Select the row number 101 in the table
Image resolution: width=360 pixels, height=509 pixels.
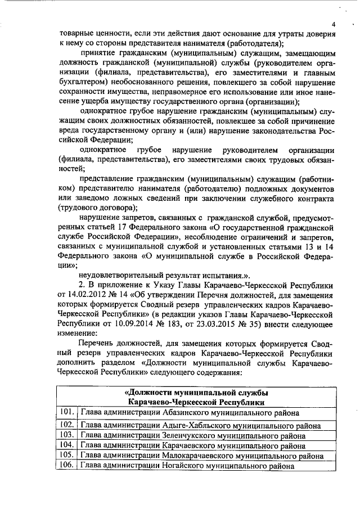click(66, 412)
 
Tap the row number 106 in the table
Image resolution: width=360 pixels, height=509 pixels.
click(66, 466)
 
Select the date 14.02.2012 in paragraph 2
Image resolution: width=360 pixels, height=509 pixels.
click(87, 295)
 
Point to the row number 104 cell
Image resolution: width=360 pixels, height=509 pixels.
click(66, 445)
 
